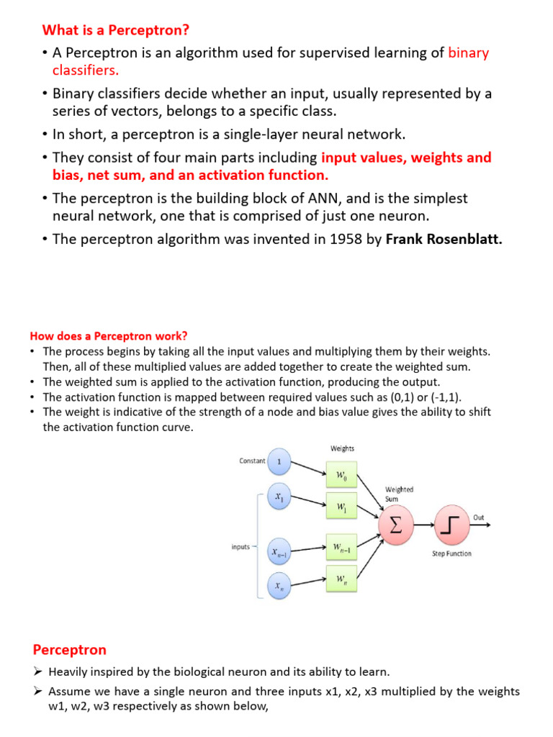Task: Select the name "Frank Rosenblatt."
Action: click(x=444, y=239)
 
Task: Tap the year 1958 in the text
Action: click(x=346, y=239)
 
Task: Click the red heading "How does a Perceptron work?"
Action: click(x=108, y=336)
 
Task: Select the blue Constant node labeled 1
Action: click(x=279, y=461)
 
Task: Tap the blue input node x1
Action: click(x=279, y=497)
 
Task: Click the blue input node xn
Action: click(x=279, y=586)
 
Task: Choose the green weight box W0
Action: click(x=341, y=475)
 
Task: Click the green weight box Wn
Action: click(x=341, y=578)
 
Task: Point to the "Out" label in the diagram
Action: click(x=479, y=517)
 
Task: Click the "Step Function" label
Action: click(x=451, y=553)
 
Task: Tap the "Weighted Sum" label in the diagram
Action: click(x=399, y=494)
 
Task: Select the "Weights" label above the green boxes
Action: click(x=342, y=448)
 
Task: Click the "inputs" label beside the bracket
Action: click(x=240, y=547)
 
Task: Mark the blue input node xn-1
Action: click(x=279, y=553)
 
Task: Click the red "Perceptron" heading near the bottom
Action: click(x=69, y=650)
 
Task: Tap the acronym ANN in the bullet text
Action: click(x=276, y=198)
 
